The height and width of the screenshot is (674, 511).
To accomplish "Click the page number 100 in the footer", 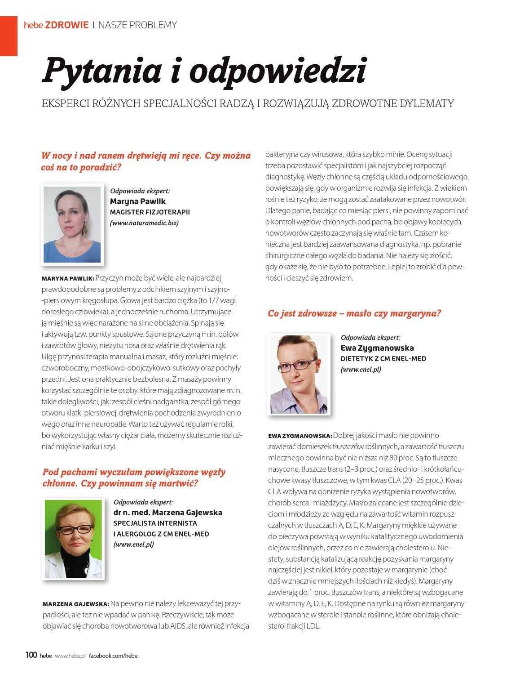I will [x=31, y=655].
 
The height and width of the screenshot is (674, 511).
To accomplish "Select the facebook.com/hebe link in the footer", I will [x=113, y=656].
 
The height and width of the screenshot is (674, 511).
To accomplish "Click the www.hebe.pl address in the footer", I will [x=70, y=656].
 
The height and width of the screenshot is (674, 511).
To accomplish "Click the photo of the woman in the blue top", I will [x=72, y=224].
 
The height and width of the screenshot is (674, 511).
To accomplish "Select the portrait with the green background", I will [x=73, y=538].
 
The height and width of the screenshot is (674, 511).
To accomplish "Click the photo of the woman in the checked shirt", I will [x=299, y=374].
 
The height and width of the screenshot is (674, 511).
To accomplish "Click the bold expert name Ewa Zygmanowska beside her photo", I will [x=377, y=348].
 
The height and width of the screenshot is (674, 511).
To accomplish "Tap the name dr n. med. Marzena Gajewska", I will [x=167, y=512].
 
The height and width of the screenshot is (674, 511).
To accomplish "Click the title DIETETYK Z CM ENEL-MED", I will [x=383, y=359].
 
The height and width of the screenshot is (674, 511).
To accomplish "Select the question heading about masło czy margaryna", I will [x=354, y=313].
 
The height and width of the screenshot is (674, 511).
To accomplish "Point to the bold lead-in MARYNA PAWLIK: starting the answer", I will [x=68, y=278].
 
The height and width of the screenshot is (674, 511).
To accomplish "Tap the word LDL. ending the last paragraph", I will [x=313, y=626].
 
